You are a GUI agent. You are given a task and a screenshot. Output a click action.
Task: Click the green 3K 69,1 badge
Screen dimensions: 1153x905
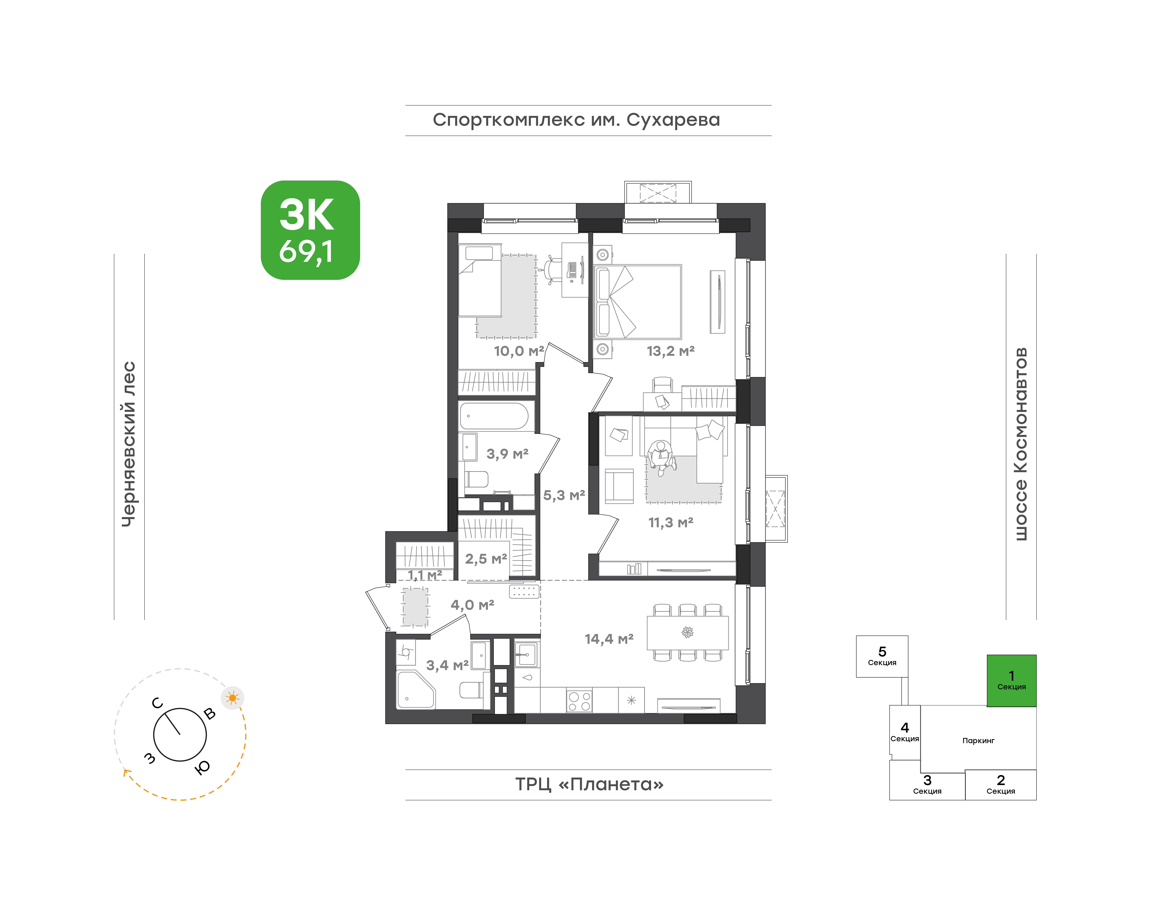point(310,230)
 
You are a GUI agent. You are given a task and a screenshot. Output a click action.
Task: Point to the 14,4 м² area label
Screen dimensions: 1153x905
point(609,639)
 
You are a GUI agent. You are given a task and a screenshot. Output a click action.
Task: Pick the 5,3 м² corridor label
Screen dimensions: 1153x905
point(564,495)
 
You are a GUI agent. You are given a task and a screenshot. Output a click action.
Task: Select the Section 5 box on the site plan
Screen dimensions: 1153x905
point(882,656)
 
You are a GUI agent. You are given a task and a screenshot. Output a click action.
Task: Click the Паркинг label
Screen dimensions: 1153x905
point(978,741)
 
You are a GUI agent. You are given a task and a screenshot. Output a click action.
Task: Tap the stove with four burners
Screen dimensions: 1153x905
point(579,700)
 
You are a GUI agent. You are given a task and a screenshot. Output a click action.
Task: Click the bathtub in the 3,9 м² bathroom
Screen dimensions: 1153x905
point(494,416)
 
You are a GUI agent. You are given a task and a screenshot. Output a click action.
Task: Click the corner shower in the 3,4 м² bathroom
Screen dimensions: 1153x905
point(416,690)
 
